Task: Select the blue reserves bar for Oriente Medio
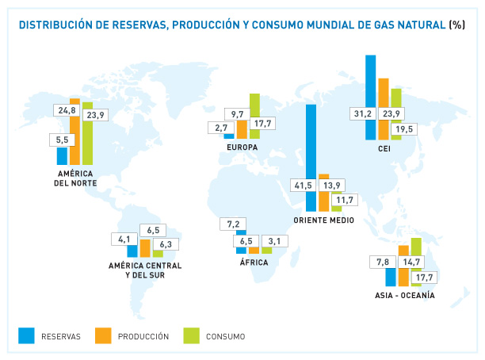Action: tap(311, 143)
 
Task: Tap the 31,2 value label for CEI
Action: tap(363, 113)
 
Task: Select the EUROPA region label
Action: tap(242, 147)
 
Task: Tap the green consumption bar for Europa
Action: tap(254, 107)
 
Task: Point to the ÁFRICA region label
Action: tap(253, 261)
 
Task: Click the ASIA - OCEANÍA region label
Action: tap(405, 296)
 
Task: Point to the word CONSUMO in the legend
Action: tap(226, 337)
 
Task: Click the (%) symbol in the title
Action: tap(457, 25)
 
